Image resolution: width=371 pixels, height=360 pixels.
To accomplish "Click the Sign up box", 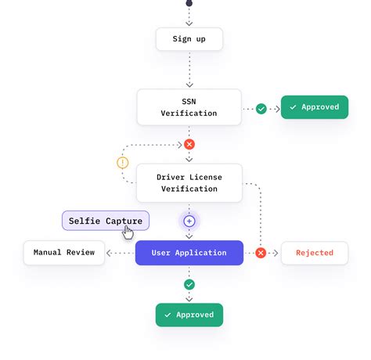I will (189, 39).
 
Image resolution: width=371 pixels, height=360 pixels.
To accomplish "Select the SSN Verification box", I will (189, 107).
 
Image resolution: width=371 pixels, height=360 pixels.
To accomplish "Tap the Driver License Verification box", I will (189, 182).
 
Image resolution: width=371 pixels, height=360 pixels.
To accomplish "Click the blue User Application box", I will (189, 253).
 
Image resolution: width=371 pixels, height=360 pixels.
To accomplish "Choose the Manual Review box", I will (64, 253).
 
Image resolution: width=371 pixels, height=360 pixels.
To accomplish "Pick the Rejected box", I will (315, 253).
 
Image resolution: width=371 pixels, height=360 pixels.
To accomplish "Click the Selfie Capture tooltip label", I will (105, 221).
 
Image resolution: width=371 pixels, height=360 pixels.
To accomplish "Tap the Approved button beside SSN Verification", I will (315, 107).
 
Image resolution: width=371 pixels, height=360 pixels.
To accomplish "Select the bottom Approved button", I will (189, 315).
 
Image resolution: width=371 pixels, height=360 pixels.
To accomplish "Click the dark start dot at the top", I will (189, 3).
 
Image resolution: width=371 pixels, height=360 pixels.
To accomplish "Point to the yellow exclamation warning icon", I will (122, 163).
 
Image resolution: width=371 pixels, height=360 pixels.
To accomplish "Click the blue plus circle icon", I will (189, 221).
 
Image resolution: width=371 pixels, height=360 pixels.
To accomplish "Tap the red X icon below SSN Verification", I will (189, 145).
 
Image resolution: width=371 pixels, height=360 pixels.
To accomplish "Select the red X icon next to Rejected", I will (261, 253).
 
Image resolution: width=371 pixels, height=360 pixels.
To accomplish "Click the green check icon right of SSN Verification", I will (261, 108).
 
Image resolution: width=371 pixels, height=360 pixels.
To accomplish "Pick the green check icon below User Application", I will (189, 285).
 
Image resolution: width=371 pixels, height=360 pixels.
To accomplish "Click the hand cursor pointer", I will (128, 233).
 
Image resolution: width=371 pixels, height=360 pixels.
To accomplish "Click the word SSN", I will (189, 101).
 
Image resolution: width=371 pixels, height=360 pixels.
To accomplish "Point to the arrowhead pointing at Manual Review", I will (110, 253).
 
